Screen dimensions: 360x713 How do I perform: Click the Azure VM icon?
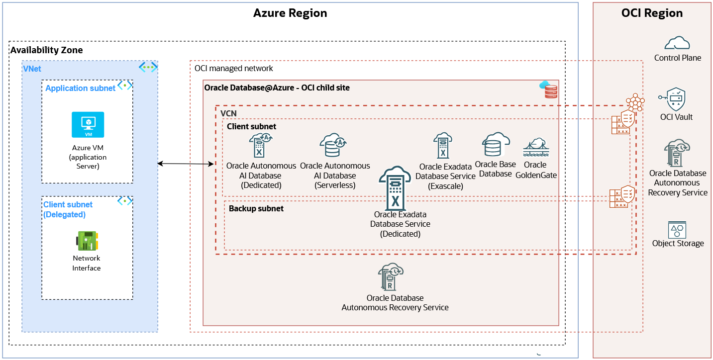click(x=88, y=124)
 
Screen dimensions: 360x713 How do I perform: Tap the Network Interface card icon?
click(x=87, y=241)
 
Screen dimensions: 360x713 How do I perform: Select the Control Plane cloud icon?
click(x=677, y=43)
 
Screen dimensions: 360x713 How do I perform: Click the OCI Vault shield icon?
click(x=675, y=99)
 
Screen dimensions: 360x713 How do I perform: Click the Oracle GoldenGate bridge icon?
click(x=535, y=148)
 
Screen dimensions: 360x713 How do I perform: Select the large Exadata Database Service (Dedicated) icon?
click(x=396, y=188)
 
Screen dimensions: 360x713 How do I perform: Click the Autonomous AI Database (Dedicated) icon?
click(x=261, y=146)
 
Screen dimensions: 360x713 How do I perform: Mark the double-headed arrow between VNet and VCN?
click(x=186, y=164)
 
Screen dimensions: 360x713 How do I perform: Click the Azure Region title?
click(x=290, y=13)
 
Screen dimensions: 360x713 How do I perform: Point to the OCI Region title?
click(x=652, y=13)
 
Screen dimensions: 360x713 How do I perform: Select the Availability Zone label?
click(x=47, y=50)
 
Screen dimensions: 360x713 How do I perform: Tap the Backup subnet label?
click(x=256, y=208)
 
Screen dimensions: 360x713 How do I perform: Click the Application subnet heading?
click(x=80, y=88)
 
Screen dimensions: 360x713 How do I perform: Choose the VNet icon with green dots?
click(x=148, y=67)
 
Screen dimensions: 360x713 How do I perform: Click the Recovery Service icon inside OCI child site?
click(x=391, y=277)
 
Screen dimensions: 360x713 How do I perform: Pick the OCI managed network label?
click(x=233, y=68)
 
